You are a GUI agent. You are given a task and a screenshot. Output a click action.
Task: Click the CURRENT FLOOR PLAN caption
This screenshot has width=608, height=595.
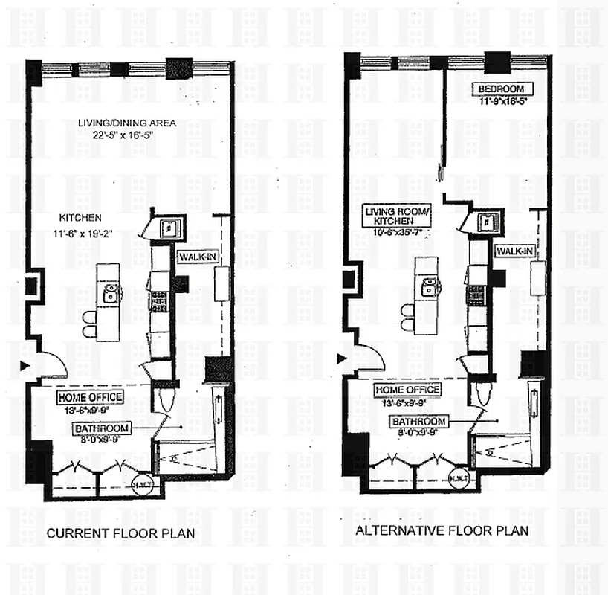coord(121,533)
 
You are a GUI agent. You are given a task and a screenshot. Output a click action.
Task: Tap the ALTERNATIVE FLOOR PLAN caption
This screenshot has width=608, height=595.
coord(442,530)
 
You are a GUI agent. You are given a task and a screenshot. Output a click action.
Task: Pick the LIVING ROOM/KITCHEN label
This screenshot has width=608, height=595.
coord(397,216)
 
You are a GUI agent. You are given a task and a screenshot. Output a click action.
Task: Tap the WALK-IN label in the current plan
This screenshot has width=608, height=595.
coord(196,257)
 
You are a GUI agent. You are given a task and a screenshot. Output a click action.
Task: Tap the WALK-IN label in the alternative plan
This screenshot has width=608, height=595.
coord(514,251)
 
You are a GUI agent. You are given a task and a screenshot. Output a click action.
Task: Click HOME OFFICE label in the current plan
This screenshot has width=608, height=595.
coord(89,397)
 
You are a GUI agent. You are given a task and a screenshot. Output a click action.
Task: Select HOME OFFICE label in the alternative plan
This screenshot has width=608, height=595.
coord(407,390)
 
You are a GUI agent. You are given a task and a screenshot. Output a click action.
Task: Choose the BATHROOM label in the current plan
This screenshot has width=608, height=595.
coord(102,428)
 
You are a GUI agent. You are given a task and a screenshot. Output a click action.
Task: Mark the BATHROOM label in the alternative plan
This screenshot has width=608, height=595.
coord(419,422)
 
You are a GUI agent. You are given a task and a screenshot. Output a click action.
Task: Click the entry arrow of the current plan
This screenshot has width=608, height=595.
coord(25,365)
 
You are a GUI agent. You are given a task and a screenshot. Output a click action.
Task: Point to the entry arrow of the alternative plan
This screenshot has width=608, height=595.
coord(341,358)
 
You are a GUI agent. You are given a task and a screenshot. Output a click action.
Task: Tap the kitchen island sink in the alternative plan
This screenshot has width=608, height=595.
coord(430,289)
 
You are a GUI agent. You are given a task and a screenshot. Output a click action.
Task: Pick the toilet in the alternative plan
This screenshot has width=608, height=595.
coord(483,393)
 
